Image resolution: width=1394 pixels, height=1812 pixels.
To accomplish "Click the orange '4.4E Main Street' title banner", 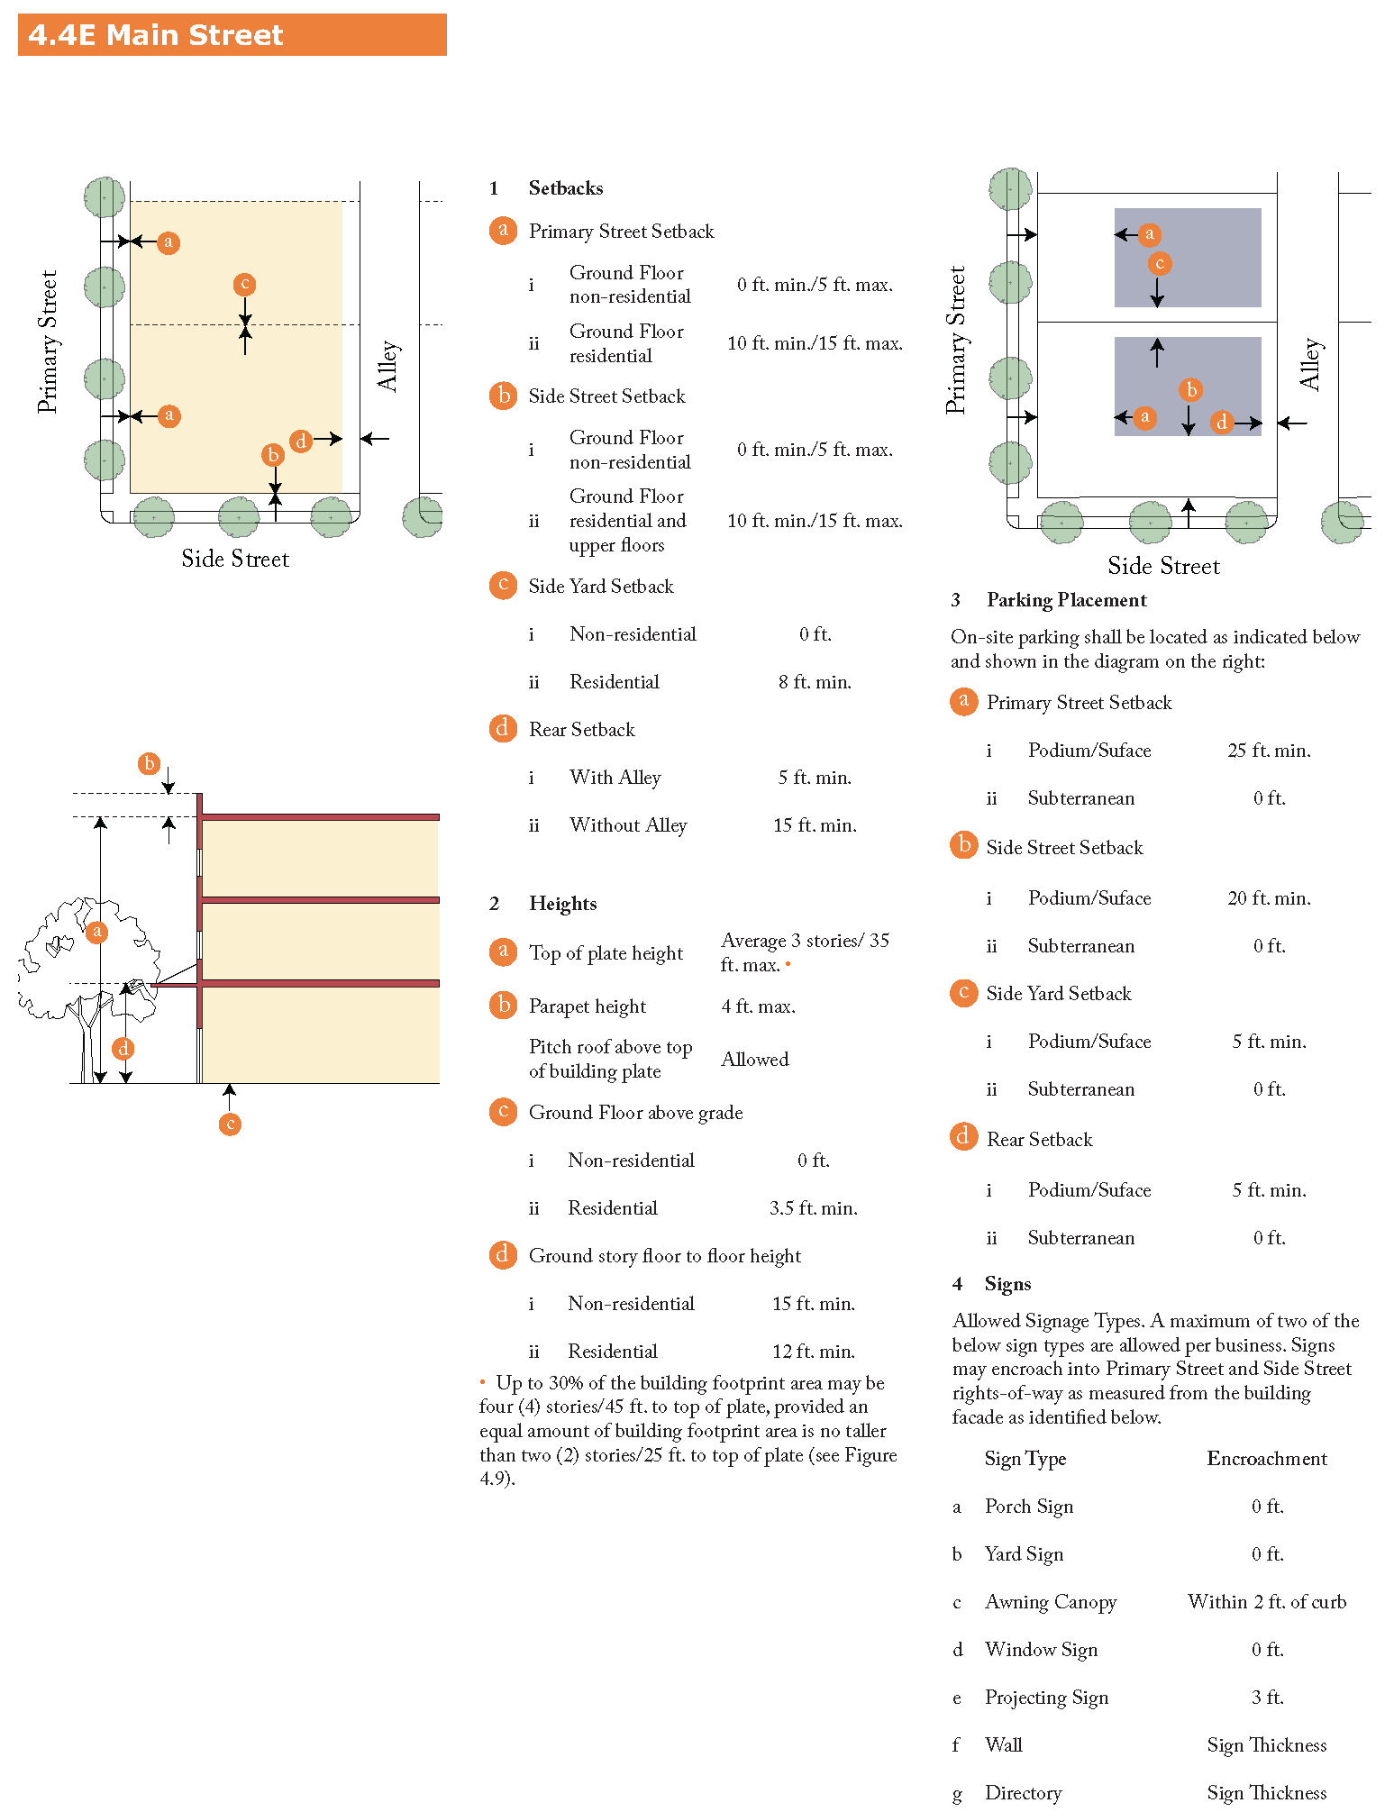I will [x=232, y=35].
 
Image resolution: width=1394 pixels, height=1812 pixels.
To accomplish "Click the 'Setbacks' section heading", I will [x=565, y=188].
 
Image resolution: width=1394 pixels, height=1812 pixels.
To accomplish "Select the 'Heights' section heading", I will [x=562, y=904].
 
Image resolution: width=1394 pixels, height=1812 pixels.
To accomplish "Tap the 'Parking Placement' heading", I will [x=1066, y=600].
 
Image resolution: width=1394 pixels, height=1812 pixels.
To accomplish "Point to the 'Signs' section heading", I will [x=1007, y=1284].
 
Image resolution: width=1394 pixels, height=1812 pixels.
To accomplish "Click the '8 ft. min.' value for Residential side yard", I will [x=815, y=682].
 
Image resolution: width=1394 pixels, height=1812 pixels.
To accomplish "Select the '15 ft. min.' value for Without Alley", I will [x=815, y=825].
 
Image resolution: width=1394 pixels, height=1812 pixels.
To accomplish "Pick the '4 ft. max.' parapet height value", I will [x=758, y=1006].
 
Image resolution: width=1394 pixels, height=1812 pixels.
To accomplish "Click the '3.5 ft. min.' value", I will [x=813, y=1208].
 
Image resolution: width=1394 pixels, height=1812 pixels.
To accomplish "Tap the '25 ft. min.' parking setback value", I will [x=1269, y=751].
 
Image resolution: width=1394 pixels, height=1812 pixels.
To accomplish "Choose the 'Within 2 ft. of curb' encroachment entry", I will [x=1266, y=1602].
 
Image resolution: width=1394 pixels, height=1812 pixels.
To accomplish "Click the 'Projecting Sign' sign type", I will [x=1046, y=1698].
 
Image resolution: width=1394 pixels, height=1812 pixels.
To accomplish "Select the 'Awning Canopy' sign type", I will [x=1051, y=1602].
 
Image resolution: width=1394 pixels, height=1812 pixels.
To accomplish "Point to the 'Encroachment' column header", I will [x=1266, y=1459].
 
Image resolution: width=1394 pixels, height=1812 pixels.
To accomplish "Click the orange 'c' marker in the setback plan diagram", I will [x=244, y=285].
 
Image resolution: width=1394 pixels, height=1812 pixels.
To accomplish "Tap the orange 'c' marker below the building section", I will [x=230, y=1124].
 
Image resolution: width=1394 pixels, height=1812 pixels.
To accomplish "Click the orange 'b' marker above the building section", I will [x=150, y=763].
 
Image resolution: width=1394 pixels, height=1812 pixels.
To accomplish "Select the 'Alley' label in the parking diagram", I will [x=1310, y=364].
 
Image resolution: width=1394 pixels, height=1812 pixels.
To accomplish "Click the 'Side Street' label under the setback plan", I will [x=235, y=559].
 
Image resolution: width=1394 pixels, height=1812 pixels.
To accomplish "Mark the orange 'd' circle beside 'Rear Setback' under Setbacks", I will [x=503, y=728].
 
